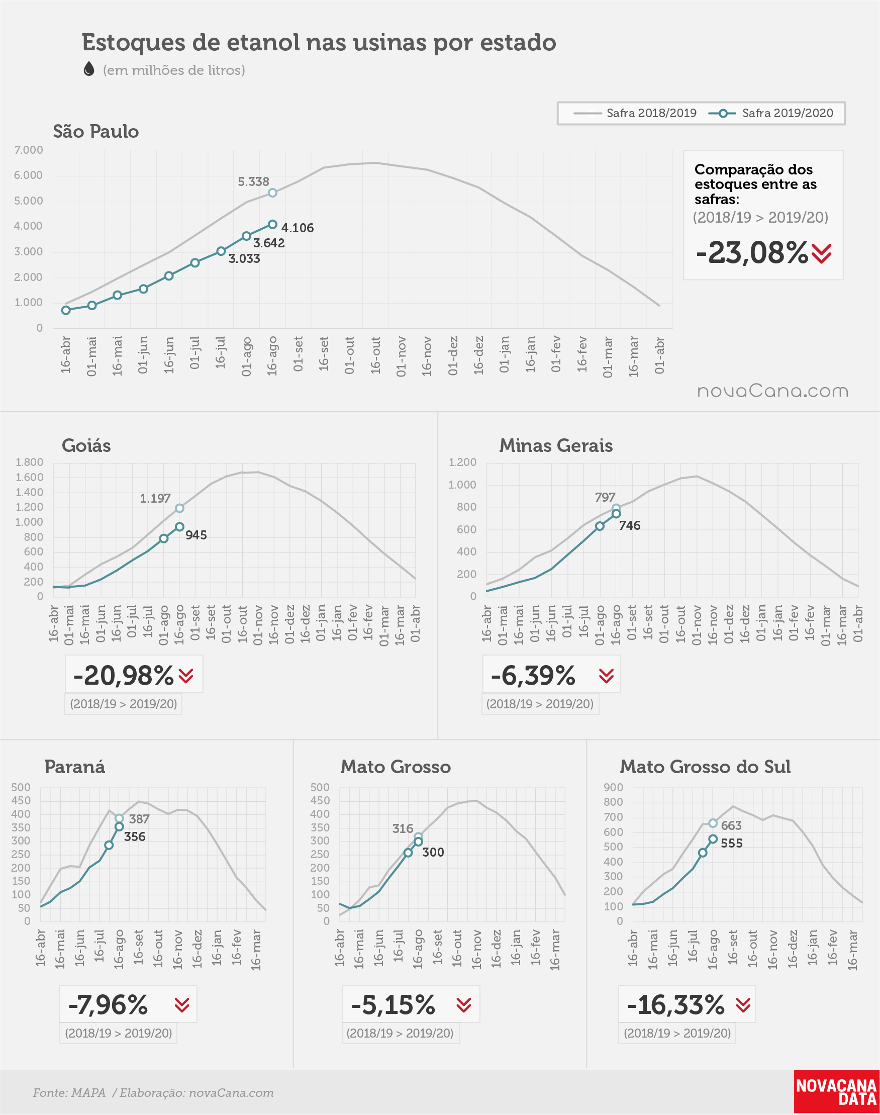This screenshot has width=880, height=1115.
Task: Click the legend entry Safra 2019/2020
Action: pyautogui.click(x=771, y=113)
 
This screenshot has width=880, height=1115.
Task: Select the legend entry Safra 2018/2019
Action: pyautogui.click(x=635, y=113)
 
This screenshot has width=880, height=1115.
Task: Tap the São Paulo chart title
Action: pyautogui.click(x=96, y=132)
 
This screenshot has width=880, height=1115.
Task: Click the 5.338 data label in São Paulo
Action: pyautogui.click(x=253, y=182)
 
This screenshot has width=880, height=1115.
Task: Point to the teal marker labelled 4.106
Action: pyautogui.click(x=272, y=225)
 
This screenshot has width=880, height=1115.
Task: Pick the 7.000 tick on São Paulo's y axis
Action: pyautogui.click(x=28, y=150)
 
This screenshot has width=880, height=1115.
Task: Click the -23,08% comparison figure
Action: pyautogui.click(x=752, y=253)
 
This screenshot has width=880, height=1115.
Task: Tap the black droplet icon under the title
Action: pyautogui.click(x=88, y=69)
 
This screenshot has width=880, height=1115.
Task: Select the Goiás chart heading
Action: pyautogui.click(x=86, y=446)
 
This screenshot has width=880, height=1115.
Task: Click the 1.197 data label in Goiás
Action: pyautogui.click(x=155, y=499)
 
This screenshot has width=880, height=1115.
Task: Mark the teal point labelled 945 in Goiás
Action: pyautogui.click(x=179, y=527)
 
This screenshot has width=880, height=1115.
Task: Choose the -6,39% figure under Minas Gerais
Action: pyautogui.click(x=533, y=676)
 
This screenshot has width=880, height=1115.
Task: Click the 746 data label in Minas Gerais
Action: pyautogui.click(x=630, y=525)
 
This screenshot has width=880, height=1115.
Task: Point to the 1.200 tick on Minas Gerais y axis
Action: pyautogui.click(x=462, y=462)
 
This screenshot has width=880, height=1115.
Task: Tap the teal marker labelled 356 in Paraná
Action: pyautogui.click(x=119, y=826)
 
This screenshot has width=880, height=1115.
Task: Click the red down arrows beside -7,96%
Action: pyautogui.click(x=182, y=1005)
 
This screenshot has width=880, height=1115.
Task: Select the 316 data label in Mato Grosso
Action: pyautogui.click(x=403, y=828)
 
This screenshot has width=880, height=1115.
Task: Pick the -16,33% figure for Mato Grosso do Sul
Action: pyautogui.click(x=675, y=1005)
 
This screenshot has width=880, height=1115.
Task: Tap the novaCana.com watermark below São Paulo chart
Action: pyautogui.click(x=772, y=391)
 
